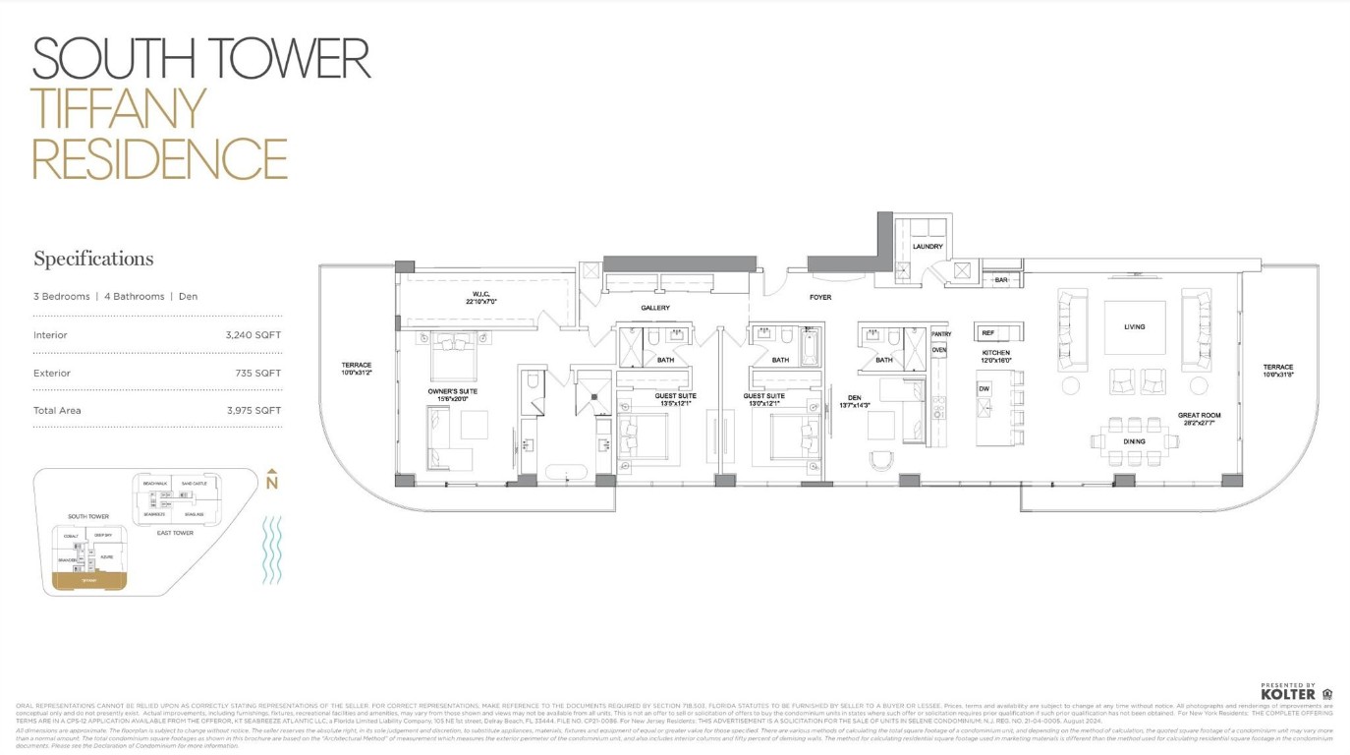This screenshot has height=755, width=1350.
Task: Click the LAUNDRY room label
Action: [927, 247]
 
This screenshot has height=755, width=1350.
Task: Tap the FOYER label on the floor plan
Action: [820, 297]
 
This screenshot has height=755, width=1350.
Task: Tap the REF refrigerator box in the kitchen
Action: [987, 333]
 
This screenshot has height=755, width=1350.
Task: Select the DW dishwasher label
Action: [984, 389]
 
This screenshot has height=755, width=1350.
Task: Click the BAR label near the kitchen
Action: [1001, 280]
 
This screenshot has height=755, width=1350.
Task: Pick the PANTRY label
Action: [940, 334]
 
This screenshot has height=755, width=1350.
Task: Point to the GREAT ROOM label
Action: [1199, 416]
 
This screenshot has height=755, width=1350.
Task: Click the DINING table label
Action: [1134, 441]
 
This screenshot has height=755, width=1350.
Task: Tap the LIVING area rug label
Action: [1134, 327]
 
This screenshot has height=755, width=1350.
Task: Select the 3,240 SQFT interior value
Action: [253, 335]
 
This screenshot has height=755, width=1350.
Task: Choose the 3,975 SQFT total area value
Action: [253, 411]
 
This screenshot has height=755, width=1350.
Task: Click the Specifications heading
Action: [93, 260]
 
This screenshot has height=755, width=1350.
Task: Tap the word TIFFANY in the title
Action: [119, 109]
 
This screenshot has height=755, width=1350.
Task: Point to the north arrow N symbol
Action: [272, 482]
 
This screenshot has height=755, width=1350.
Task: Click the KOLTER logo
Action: [1288, 694]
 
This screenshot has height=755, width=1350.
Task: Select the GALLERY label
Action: [655, 309]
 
